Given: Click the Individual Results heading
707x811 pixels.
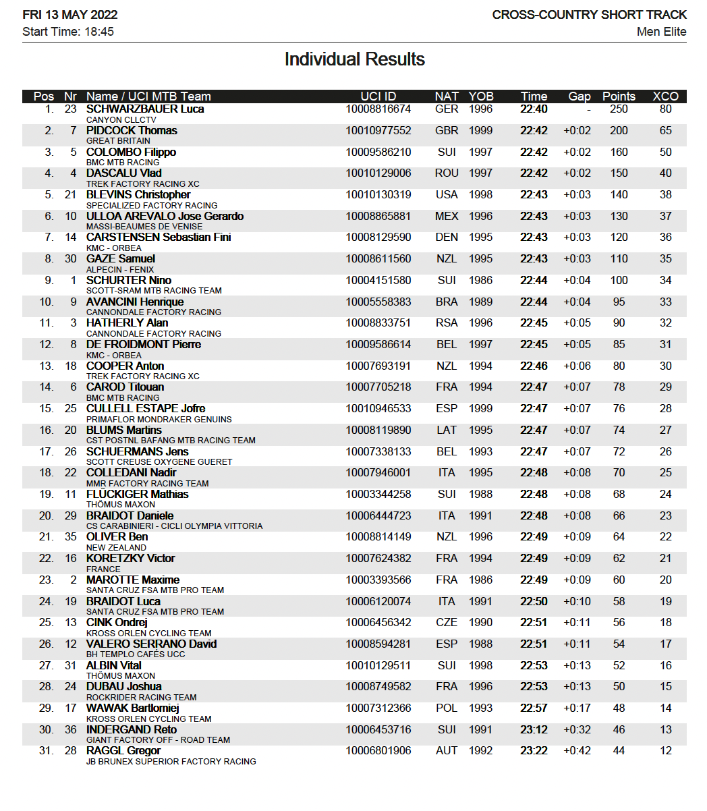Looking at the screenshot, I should pyautogui.click(x=354, y=59).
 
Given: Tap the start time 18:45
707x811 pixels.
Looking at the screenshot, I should pyautogui.click(x=98, y=32).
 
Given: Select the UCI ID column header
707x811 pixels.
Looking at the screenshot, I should pyautogui.click(x=378, y=96).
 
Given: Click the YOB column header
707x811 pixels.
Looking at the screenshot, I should pyautogui.click(x=481, y=96).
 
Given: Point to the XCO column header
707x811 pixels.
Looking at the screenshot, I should pyautogui.click(x=665, y=96).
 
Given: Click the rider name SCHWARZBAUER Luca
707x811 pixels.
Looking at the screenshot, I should pyautogui.click(x=145, y=109).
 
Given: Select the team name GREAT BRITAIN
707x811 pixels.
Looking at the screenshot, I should pyautogui.click(x=118, y=141).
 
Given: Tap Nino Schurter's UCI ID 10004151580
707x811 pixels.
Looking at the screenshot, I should pyautogui.click(x=378, y=280).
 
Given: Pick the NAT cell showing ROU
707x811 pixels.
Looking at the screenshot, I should pyautogui.click(x=447, y=173).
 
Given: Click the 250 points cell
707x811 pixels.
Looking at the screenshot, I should pyautogui.click(x=619, y=109).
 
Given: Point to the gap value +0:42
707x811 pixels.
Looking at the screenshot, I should pyautogui.click(x=577, y=751).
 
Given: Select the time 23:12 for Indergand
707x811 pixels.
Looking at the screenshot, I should pyautogui.click(x=534, y=729).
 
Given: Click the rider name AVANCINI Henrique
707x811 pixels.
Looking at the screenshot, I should pyautogui.click(x=135, y=302).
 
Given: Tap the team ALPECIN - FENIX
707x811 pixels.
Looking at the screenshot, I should pyautogui.click(x=120, y=269).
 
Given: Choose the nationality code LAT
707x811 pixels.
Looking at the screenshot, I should pyautogui.click(x=447, y=430).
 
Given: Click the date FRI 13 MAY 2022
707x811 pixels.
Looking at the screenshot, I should pyautogui.click(x=69, y=15).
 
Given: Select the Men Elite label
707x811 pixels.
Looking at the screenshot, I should pyautogui.click(x=661, y=32).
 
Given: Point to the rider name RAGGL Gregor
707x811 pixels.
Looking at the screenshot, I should pyautogui.click(x=123, y=751).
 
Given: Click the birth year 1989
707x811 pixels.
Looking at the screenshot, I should pyautogui.click(x=481, y=302).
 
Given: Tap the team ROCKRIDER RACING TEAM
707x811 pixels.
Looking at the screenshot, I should pyautogui.click(x=142, y=697).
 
